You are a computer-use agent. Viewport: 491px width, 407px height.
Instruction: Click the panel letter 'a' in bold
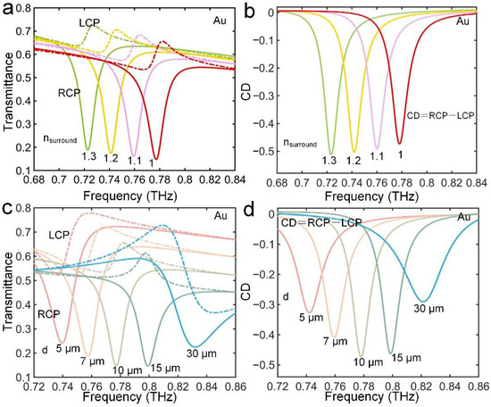(x=6, y=9)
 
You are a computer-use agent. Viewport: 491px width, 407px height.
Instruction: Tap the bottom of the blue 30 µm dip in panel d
(x=425, y=301)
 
